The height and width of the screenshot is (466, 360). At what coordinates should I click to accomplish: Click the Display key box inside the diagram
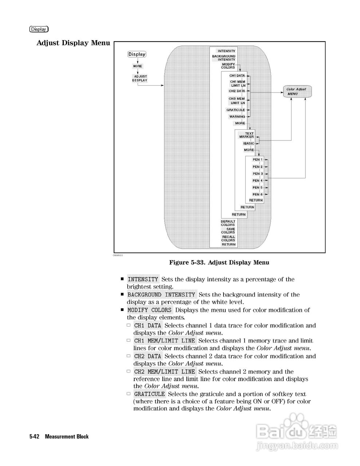[x=137, y=54]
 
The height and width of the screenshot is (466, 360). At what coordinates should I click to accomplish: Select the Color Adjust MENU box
[x=297, y=91]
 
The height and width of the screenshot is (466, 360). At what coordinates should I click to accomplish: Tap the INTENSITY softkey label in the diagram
[x=226, y=51]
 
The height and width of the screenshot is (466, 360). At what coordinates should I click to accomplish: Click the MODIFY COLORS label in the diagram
[x=228, y=66]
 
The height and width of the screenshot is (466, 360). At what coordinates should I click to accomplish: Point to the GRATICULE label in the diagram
[x=236, y=110]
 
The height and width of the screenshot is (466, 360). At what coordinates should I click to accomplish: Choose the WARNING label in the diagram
[x=237, y=117]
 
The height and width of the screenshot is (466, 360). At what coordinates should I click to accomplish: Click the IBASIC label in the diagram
[x=249, y=143]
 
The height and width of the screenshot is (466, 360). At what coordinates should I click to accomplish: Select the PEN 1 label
[x=257, y=159]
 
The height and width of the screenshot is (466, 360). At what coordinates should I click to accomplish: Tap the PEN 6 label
[x=257, y=194]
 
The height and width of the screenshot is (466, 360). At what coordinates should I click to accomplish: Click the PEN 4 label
[x=257, y=181]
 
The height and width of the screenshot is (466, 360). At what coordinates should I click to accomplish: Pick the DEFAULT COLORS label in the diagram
[x=228, y=223]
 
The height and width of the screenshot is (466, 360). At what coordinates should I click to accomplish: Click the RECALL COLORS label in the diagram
[x=228, y=238]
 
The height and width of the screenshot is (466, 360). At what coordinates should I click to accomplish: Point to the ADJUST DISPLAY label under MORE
[x=139, y=78]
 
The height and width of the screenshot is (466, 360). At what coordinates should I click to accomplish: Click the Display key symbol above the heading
[x=39, y=29]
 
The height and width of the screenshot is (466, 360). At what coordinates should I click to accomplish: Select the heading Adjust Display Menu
[x=73, y=43]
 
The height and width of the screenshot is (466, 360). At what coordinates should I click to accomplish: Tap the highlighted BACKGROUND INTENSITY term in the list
[x=162, y=295]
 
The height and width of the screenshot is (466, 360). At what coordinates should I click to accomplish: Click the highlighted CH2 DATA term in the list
[x=147, y=356]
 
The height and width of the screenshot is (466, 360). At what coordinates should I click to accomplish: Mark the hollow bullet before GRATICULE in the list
[x=128, y=394]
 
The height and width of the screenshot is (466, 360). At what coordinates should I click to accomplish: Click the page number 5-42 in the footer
[x=35, y=436]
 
